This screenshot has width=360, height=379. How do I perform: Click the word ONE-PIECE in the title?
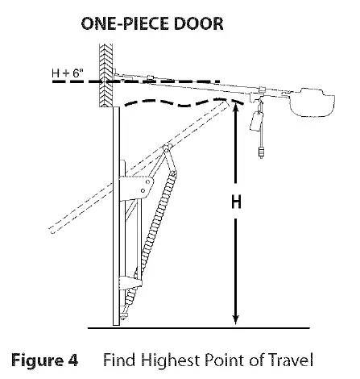click(126, 23)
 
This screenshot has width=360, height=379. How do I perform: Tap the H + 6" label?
click(68, 73)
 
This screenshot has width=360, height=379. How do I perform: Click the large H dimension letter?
click(236, 202)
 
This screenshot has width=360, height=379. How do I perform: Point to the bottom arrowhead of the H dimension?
click(235, 319)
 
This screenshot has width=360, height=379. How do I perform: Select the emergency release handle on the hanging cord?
click(261, 152)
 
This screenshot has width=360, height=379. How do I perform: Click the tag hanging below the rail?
click(256, 121)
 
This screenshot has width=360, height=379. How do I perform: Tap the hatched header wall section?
click(106, 76)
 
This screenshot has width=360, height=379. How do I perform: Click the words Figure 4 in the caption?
click(44, 360)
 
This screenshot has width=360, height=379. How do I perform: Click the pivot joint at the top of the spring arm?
click(167, 148)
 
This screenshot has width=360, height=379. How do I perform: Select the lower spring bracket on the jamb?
click(130, 282)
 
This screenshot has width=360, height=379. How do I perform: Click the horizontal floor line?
click(199, 328)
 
